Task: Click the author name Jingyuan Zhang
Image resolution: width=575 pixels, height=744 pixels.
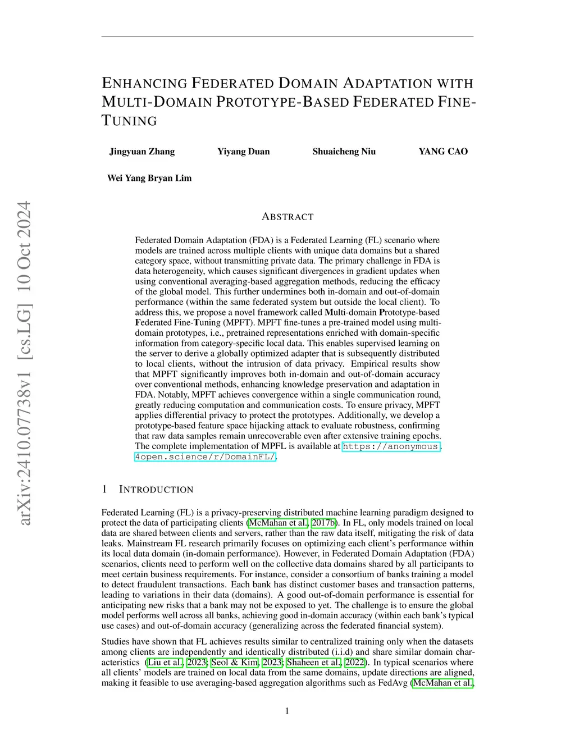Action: coord(142,152)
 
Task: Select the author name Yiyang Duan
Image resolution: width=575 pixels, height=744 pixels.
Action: coord(243,152)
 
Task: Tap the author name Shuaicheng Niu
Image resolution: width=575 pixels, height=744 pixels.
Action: coord(344,152)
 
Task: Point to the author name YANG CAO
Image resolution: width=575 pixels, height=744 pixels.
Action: coord(443,152)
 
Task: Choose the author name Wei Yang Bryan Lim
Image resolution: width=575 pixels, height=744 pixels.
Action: coord(149,178)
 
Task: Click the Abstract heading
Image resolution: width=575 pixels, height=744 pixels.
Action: coord(287,217)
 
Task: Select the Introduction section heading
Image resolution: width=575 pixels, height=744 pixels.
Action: coord(156,490)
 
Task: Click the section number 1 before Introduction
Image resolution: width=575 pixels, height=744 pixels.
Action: coord(104,490)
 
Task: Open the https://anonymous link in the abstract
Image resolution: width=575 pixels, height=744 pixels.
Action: coord(391,446)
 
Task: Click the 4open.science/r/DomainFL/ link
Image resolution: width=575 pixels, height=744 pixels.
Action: coord(205,457)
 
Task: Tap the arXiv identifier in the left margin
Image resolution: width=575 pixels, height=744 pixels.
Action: coord(24,363)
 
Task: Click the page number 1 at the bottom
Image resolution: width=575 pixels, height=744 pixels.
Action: coord(287,711)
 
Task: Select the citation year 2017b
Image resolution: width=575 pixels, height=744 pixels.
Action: coord(323,523)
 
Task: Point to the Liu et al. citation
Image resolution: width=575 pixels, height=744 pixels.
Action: coord(165,662)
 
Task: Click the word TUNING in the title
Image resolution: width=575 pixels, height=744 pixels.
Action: coord(130,121)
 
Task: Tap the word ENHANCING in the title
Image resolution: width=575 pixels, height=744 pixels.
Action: coord(144,84)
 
